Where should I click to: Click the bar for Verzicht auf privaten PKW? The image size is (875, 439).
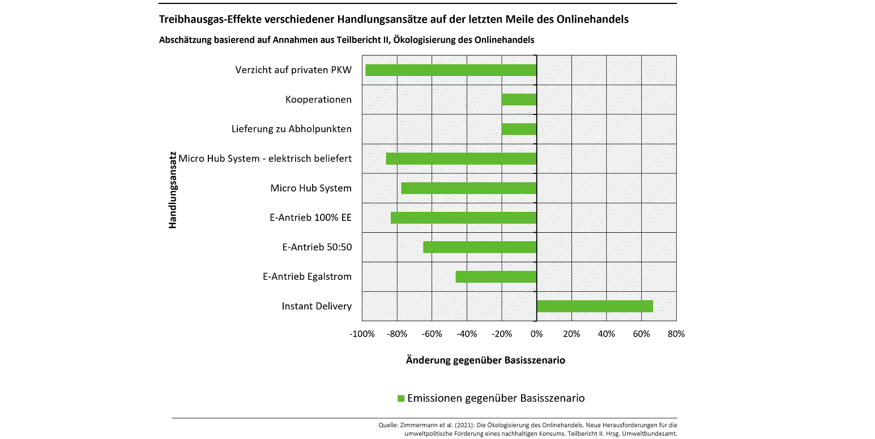pos(451,70)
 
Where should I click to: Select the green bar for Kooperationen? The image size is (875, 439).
pos(519,100)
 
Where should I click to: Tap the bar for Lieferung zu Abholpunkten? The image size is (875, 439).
pos(519,129)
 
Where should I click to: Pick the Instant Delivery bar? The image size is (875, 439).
pos(595,306)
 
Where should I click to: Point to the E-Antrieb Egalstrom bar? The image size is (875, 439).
pos(496,277)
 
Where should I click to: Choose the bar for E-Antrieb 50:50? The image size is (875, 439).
pos(480,248)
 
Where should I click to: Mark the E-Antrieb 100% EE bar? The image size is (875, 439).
pos(463,218)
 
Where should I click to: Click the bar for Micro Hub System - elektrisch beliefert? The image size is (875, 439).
pos(461,159)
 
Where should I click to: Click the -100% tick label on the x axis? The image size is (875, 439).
pos(362,334)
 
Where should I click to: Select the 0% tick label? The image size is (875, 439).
pos(536,334)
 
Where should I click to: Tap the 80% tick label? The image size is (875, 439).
pos(676,334)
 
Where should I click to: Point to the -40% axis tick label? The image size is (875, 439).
pos(467,334)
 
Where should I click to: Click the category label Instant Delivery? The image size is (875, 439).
pos(317,306)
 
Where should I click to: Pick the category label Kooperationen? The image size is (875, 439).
pos(318,100)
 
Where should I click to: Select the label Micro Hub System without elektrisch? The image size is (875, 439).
pos(311,188)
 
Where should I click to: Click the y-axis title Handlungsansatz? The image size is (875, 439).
pos(173,188)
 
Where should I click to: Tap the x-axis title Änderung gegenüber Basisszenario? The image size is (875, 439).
pos(485,360)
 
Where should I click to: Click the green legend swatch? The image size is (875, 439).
pos(402,398)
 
